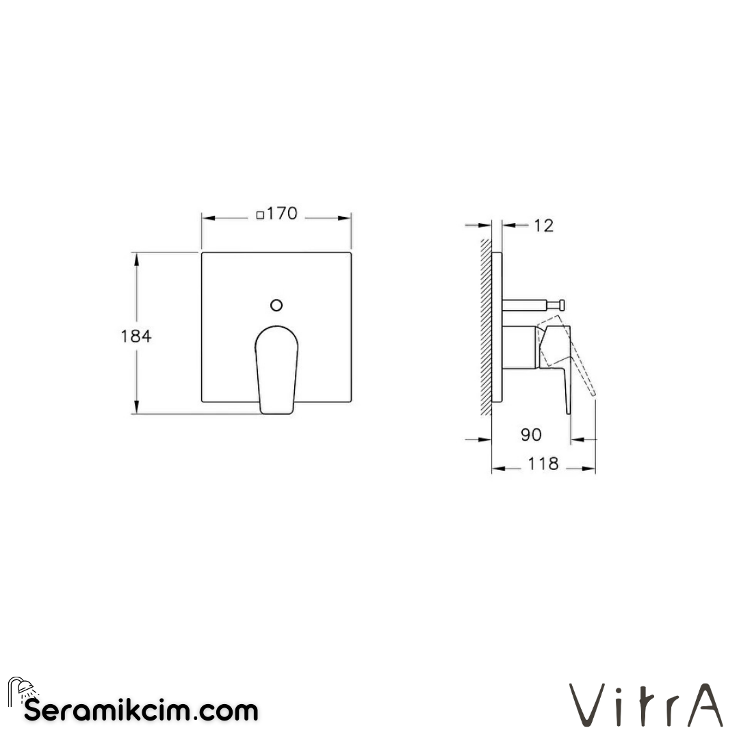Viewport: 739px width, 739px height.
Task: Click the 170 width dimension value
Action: (x=282, y=213)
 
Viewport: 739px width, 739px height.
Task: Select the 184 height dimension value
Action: (x=135, y=336)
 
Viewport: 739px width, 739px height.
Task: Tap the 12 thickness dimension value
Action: (x=543, y=225)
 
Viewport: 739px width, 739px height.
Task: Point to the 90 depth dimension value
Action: (x=531, y=435)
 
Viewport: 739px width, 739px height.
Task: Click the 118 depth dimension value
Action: (x=543, y=464)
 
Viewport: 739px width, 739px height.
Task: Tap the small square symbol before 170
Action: (x=260, y=215)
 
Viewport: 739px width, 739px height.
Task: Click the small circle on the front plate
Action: (x=276, y=304)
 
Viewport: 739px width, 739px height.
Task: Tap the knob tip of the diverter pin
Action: (x=560, y=303)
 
